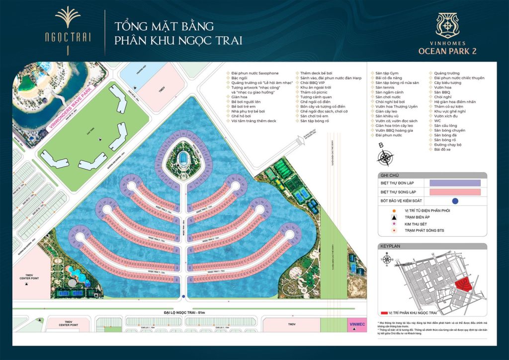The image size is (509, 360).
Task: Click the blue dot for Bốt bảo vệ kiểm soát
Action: (455, 201)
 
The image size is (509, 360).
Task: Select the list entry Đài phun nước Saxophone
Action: (249, 73)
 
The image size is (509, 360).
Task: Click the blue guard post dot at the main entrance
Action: (184, 297)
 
